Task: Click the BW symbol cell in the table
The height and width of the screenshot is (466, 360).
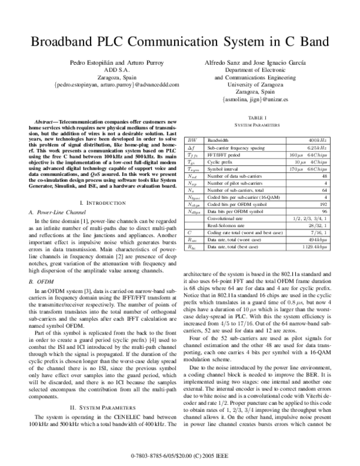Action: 191,139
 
